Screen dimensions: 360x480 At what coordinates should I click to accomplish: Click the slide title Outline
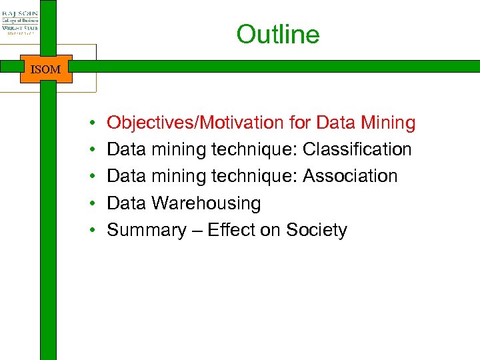coord(277,35)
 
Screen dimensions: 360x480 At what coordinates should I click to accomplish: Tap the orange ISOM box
coord(45,69)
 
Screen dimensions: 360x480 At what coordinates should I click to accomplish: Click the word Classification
coord(357,149)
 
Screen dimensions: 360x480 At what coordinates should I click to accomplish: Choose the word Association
coord(350,176)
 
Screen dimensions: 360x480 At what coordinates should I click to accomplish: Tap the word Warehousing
coord(206,203)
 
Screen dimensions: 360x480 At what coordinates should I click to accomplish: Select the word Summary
coord(146,230)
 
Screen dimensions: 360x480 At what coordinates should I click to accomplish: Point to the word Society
coord(317,230)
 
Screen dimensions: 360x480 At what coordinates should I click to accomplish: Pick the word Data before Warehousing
coord(127,203)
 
